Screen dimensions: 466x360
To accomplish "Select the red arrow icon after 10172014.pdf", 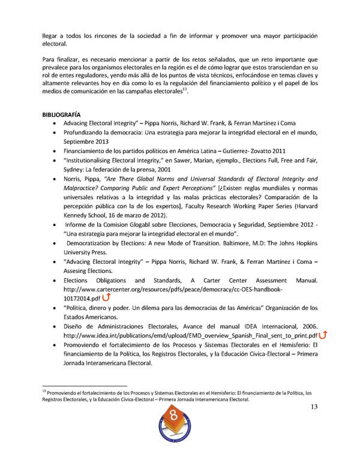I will coord(107,297).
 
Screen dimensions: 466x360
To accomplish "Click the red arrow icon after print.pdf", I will coord(323,335).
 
